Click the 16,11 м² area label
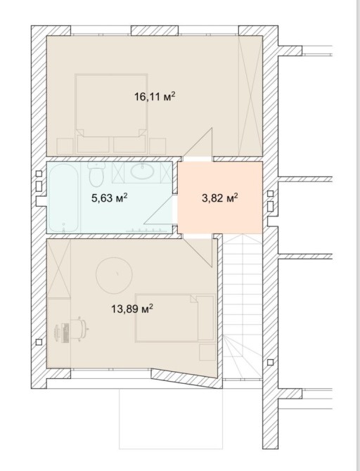point(155,97)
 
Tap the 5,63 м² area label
point(110,198)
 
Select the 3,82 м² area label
point(220,198)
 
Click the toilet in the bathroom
point(96,174)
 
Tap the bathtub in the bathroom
point(64,198)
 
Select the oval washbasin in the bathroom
point(142,172)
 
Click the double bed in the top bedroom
point(112,105)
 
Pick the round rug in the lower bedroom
point(114,276)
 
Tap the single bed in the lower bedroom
point(175,318)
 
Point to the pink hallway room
point(220,198)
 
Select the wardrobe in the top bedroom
point(250,96)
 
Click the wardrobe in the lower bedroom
point(59,269)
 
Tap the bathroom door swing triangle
point(160,209)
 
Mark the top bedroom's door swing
point(198,143)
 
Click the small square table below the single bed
point(207,352)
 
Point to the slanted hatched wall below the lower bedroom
point(186,378)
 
